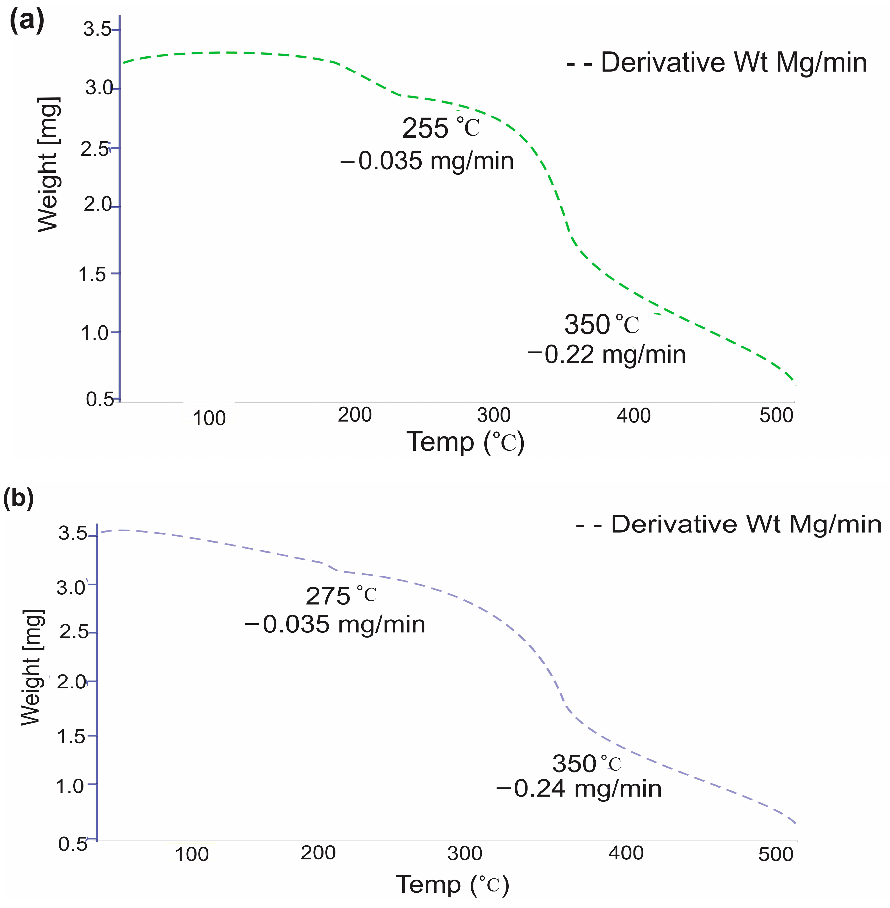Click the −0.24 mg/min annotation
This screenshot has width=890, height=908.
click(x=579, y=789)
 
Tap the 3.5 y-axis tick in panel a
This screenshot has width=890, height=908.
click(x=97, y=29)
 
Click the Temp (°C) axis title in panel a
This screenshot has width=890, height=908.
click(x=466, y=442)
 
